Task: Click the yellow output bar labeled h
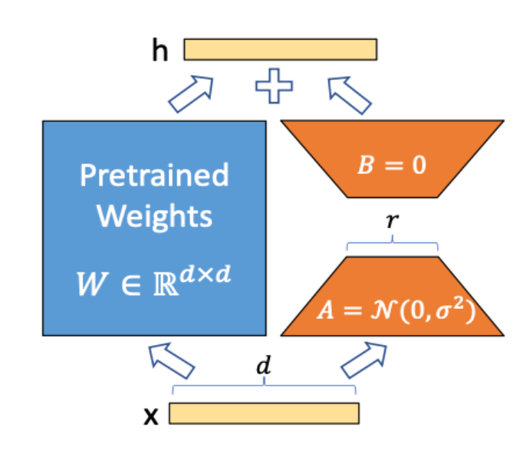280,49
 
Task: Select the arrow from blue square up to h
190,93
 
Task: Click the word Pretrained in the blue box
154,176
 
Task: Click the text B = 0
392,165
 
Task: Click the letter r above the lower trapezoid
393,222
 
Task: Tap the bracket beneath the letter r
393,245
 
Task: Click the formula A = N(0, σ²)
392,312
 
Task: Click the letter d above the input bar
264,368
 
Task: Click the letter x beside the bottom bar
152,415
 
